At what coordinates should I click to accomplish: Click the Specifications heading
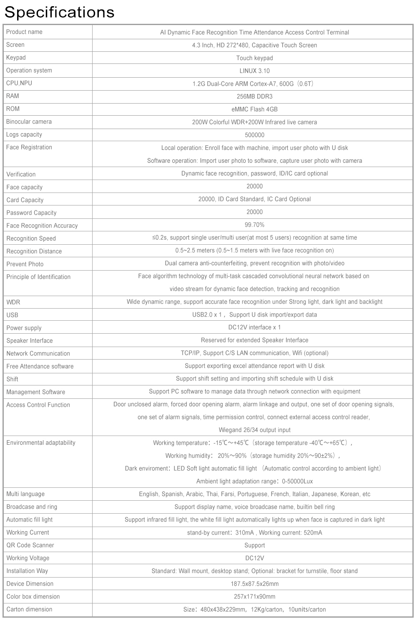pos(59,12)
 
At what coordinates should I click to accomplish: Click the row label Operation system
pos(29,70)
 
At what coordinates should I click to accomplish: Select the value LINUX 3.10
pos(254,71)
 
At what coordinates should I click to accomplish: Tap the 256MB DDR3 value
pos(254,96)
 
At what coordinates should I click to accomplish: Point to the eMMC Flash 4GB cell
pos(254,109)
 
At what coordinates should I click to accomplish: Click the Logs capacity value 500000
pos(254,135)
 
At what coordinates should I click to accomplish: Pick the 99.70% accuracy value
pos(254,225)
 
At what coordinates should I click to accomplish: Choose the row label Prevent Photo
pos(25,264)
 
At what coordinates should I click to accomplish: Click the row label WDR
pos(13,302)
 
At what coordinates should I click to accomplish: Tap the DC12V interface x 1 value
pos(254,327)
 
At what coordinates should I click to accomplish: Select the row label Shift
pos(13,379)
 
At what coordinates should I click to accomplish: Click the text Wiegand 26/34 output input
pos(254,430)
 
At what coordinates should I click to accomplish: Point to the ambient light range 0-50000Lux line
pos(254,481)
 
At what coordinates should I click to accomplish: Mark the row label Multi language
pos(25,494)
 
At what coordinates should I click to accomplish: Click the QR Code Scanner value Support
pos(254,545)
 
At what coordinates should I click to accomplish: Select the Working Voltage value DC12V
pos(254,558)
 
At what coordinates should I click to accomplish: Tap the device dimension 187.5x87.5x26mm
pos(254,584)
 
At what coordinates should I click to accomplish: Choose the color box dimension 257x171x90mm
pos(254,597)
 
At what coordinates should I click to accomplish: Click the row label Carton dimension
pos(29,609)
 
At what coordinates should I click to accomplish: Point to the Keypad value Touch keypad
pos(254,58)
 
